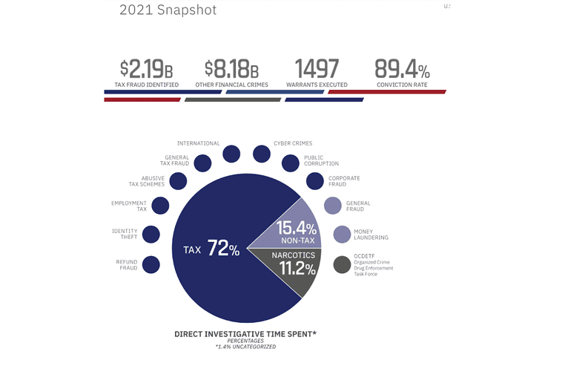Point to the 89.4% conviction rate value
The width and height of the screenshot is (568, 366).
tap(401, 70)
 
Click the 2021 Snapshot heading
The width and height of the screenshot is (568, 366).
tap(168, 11)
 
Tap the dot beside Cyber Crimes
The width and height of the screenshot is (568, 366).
tap(262, 154)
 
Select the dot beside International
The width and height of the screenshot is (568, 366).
tap(231, 154)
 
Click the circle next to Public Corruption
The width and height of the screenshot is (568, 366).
tap(291, 163)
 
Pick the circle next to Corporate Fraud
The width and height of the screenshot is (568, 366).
tap(315, 180)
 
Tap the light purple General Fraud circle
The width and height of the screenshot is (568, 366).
tap(333, 206)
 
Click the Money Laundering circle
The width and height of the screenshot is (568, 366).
tap(342, 235)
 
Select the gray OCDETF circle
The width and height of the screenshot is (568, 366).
tap(342, 264)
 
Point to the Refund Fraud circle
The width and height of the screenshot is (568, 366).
tap(151, 264)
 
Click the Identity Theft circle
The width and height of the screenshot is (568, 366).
tap(151, 235)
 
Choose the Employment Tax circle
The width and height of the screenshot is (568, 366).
tap(160, 206)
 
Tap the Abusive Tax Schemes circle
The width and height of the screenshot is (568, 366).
tap(178, 180)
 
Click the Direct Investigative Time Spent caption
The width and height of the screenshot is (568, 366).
tap(245, 335)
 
